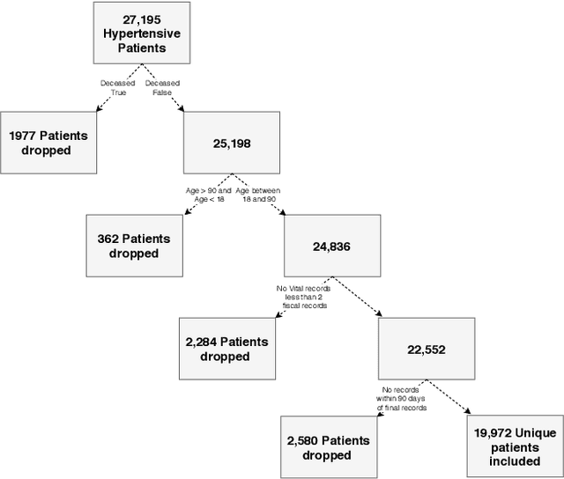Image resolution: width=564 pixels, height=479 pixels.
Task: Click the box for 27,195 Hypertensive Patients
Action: click(x=141, y=32)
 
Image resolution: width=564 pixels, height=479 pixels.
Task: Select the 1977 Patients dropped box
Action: click(x=48, y=143)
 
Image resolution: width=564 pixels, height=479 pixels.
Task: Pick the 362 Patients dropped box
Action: click(x=134, y=246)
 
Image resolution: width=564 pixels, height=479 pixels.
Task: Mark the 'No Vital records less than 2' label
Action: click(x=302, y=297)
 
